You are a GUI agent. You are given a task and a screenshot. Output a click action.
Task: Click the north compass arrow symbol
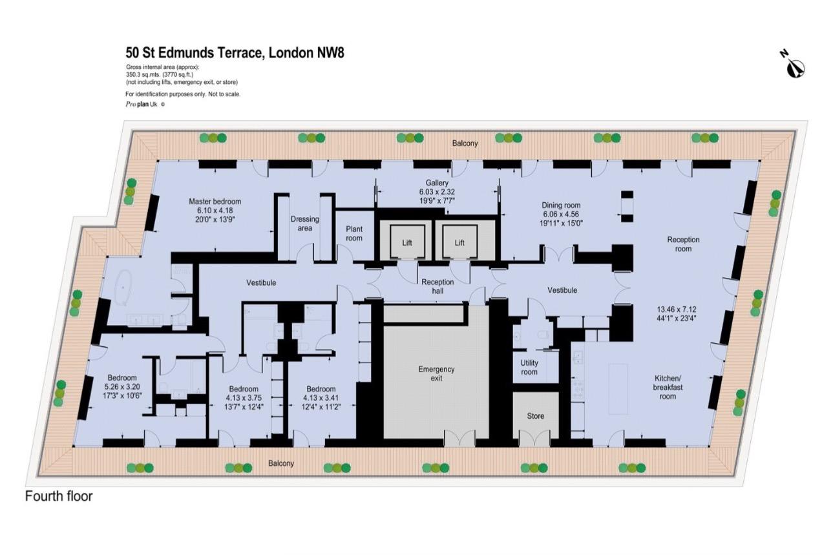(796, 68)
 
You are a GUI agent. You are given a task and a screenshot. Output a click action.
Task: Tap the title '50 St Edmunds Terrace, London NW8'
(235, 53)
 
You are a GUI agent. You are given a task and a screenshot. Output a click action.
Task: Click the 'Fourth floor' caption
(59, 496)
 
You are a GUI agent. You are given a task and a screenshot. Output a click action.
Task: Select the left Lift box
(407, 242)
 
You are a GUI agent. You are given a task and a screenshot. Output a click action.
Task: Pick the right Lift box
(459, 242)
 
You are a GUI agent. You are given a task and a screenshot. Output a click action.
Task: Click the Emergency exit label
(436, 373)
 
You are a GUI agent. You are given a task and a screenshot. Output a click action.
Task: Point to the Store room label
(536, 416)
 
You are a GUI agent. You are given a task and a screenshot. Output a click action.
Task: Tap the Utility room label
(529, 367)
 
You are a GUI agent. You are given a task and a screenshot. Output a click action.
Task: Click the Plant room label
(354, 233)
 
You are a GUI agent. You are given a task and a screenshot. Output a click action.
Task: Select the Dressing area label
(304, 224)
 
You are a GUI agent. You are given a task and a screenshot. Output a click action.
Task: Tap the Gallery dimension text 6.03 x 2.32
(437, 191)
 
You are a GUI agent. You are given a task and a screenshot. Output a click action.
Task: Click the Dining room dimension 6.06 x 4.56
(561, 215)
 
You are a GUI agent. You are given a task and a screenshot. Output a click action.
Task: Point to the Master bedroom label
(215, 202)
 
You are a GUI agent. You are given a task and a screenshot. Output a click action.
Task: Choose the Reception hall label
(437, 286)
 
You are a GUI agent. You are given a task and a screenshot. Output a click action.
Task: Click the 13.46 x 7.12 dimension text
(677, 309)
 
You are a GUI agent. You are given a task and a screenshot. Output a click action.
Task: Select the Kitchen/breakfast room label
(668, 387)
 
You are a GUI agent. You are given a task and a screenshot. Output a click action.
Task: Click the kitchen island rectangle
(618, 389)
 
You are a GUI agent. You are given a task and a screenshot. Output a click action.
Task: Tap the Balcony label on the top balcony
(465, 143)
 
